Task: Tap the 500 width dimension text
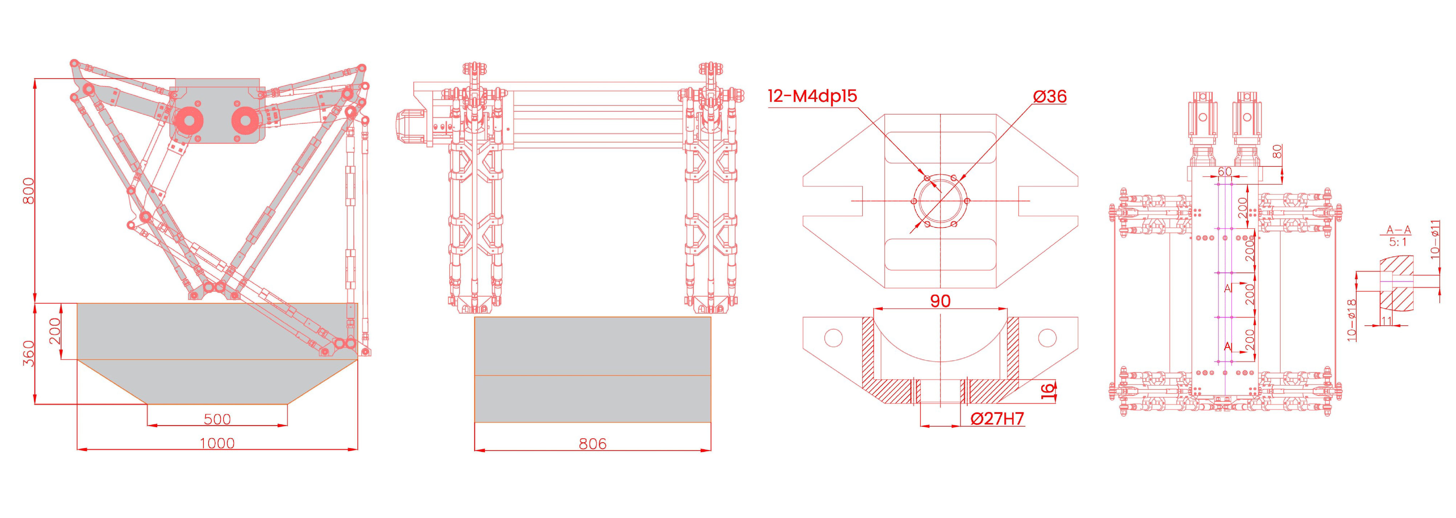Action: pos(217,419)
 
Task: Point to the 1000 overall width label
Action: pos(217,443)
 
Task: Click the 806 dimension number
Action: pos(592,444)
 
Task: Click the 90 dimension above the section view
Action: pos(940,301)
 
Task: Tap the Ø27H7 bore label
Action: pos(997,419)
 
